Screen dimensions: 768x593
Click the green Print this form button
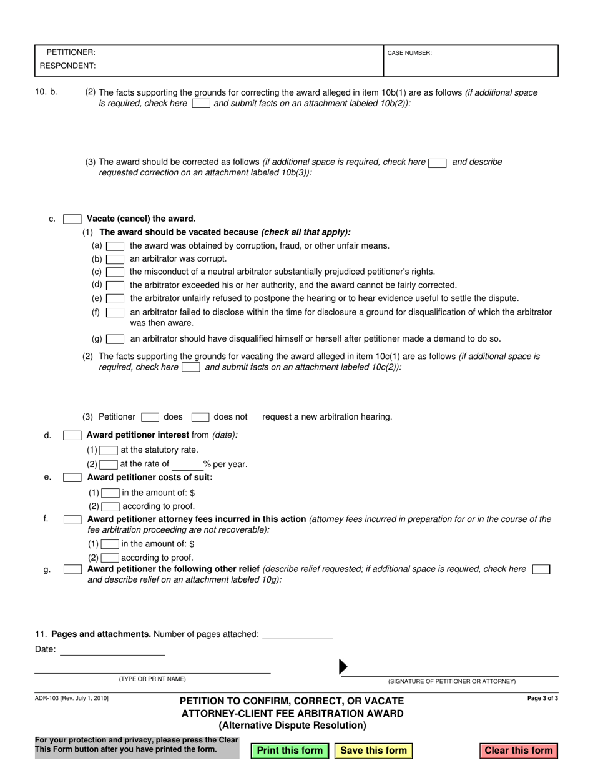click(x=290, y=751)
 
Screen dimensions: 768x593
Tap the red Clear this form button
click(x=519, y=751)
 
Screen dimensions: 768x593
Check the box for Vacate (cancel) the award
click(x=72, y=219)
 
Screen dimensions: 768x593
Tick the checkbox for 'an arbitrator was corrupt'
click(x=115, y=259)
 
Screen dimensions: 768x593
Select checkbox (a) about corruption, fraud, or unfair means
click(x=115, y=246)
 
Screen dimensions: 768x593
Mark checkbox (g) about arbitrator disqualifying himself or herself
click(x=115, y=340)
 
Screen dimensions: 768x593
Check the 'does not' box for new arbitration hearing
click(x=200, y=417)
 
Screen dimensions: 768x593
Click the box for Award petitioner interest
click(x=72, y=435)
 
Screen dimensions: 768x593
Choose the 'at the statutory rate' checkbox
click(x=109, y=450)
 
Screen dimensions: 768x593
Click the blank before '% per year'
click(x=186, y=465)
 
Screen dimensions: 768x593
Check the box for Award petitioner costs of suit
click(x=72, y=478)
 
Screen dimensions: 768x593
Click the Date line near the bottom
click(x=112, y=650)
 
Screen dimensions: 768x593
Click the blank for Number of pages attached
click(x=297, y=634)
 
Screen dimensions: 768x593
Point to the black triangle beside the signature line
click(x=342, y=667)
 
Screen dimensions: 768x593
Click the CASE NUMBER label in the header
click(x=409, y=53)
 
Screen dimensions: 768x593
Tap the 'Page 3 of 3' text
click(x=542, y=699)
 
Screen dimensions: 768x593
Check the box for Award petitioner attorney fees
click(x=72, y=519)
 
